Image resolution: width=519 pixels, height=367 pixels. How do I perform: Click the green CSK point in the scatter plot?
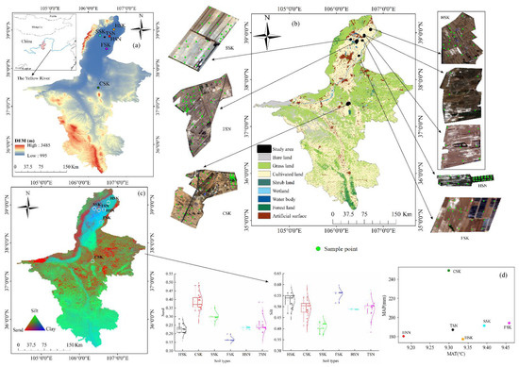447,271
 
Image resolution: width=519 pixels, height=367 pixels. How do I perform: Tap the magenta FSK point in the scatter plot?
508,323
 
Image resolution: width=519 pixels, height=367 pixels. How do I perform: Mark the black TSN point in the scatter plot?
453,329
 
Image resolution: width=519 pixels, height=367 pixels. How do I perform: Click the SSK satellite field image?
202,36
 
